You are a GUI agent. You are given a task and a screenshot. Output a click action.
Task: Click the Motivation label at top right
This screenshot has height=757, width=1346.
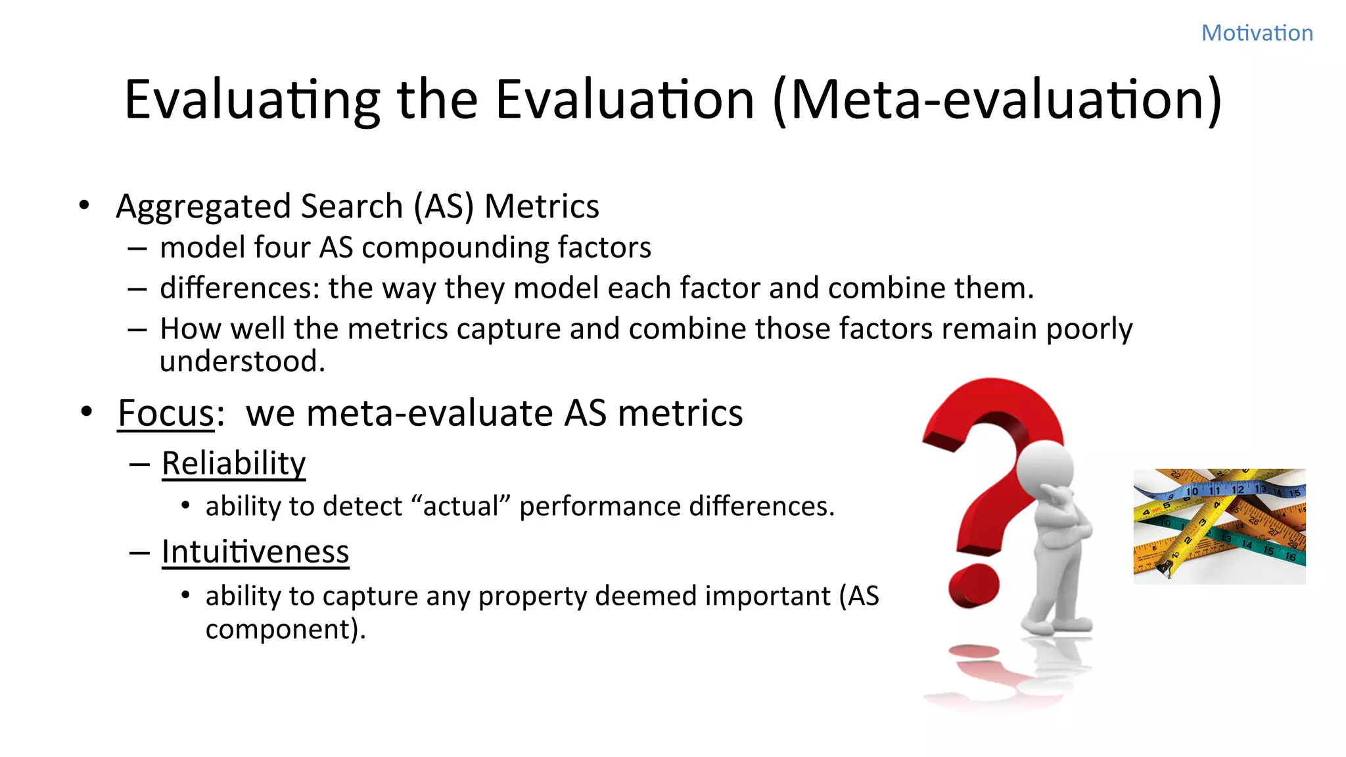point(1257,33)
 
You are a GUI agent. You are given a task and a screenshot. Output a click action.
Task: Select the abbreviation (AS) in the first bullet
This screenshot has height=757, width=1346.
point(444,206)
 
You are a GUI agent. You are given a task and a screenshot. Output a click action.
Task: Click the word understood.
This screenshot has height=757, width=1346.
point(242,361)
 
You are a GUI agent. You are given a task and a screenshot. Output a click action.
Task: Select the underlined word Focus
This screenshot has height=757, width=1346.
point(166,413)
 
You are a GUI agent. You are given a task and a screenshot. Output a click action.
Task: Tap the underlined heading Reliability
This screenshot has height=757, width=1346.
point(233,463)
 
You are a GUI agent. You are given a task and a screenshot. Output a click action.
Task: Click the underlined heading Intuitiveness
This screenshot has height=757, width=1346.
point(255,551)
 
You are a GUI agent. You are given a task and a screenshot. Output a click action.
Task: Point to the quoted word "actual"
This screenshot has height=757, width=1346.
point(461,507)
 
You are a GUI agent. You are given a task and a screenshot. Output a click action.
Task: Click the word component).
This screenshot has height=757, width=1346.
point(285,630)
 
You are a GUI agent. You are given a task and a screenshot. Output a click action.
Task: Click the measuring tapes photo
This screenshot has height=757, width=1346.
point(1219,526)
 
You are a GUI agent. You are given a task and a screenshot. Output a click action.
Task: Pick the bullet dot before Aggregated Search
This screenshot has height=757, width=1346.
point(84,206)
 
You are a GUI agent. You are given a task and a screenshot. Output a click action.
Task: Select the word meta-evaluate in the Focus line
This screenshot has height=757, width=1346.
point(430,413)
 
